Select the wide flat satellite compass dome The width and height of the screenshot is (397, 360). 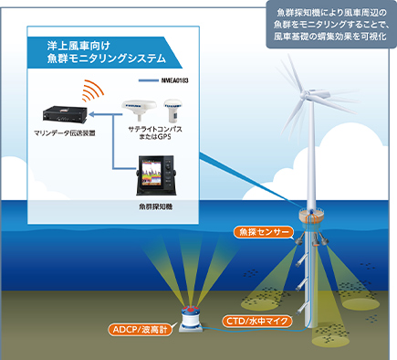pyautogui.click(x=140, y=111)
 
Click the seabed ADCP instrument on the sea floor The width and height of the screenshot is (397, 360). pyautogui.click(x=190, y=316)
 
